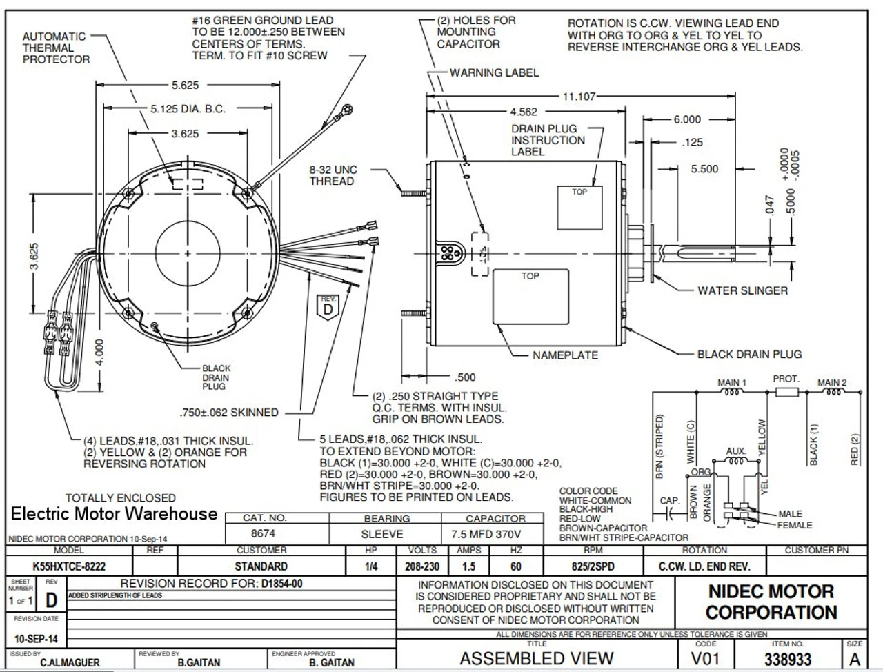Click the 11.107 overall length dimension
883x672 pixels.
click(x=579, y=97)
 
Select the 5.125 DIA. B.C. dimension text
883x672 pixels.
click(x=188, y=109)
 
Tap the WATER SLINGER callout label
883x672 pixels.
click(x=742, y=290)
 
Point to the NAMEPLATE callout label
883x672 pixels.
click(x=565, y=355)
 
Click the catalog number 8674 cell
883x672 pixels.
click(x=262, y=533)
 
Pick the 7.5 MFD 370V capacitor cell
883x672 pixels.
click(x=495, y=533)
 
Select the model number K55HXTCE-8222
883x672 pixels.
click(x=69, y=566)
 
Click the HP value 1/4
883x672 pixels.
click(x=371, y=566)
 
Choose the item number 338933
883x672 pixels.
click(x=788, y=659)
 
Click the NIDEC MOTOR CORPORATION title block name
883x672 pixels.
click(x=771, y=602)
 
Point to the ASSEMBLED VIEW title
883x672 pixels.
click(x=537, y=658)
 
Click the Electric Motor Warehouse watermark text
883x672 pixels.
click(x=114, y=514)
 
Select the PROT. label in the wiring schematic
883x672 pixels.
click(x=786, y=379)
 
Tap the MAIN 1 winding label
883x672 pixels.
click(x=732, y=382)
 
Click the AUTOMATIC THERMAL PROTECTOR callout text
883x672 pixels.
click(x=54, y=48)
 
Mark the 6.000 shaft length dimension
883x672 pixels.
click(x=686, y=119)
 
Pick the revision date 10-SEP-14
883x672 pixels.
click(x=36, y=639)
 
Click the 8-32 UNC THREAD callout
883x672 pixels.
click(x=333, y=175)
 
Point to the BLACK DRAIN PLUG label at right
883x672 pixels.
click(x=749, y=354)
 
